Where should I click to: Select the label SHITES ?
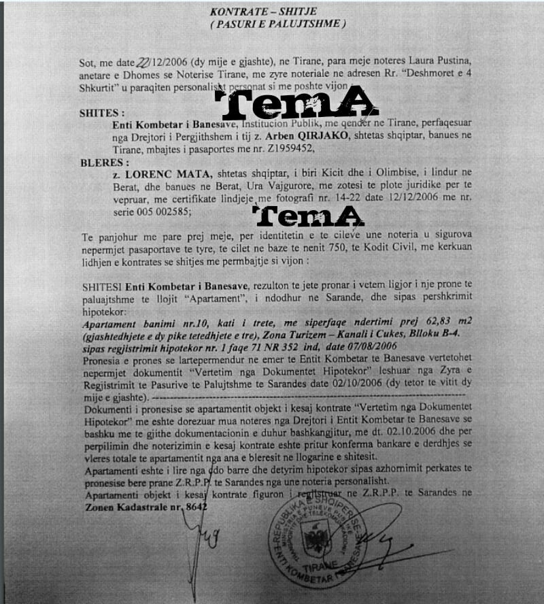(102, 113)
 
